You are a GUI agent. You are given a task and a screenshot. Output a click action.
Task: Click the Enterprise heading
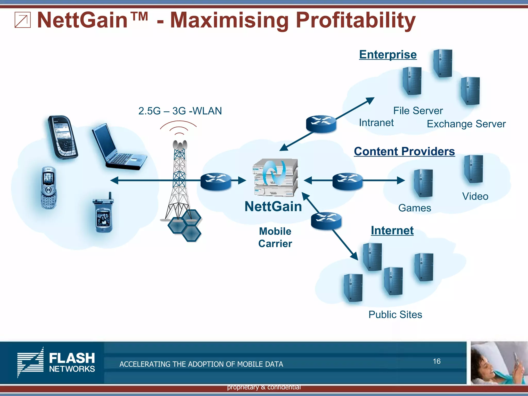pos(388,55)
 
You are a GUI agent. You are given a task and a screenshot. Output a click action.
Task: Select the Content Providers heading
pos(404,151)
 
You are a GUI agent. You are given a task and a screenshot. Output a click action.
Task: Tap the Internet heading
pos(392,230)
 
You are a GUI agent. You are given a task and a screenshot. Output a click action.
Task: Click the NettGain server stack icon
pos(275,177)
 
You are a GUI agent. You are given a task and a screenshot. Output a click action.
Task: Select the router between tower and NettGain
pos(216,181)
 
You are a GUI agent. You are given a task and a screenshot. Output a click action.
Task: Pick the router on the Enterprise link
pos(321,124)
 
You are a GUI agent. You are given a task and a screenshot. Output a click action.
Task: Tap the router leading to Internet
pos(326,221)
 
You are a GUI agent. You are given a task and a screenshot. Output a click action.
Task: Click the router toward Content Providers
pos(347,181)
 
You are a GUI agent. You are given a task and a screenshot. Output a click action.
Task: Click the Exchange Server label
pos(466,124)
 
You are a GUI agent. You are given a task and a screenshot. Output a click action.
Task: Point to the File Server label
pos(418,111)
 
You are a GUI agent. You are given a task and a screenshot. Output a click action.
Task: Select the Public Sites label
pos(395,315)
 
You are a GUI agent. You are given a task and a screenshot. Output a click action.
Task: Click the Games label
pos(414,208)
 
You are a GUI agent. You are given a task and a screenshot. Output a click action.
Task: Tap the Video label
pos(475,196)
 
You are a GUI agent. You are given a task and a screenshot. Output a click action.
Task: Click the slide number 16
pos(436,361)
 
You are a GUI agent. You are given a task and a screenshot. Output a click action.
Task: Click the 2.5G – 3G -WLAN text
pos(180,111)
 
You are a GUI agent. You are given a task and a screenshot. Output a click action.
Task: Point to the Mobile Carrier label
pos(275,237)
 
